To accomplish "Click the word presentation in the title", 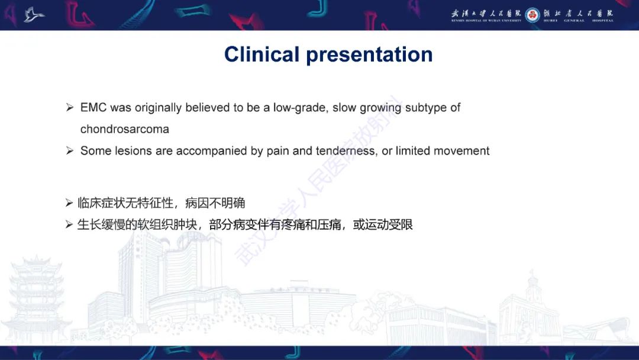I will [x=369, y=54].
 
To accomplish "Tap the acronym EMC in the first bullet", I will [x=93, y=108].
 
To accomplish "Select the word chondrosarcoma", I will [x=125, y=129].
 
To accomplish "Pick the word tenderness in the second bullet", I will [x=346, y=151].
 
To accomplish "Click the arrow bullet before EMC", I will [x=70, y=108].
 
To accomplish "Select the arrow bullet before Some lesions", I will [x=70, y=151].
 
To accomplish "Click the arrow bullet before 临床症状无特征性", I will [x=69, y=204].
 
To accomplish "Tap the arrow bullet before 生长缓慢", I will [x=69, y=225].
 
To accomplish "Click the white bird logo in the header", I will [x=34, y=15].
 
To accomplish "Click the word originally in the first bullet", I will [x=159, y=108].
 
